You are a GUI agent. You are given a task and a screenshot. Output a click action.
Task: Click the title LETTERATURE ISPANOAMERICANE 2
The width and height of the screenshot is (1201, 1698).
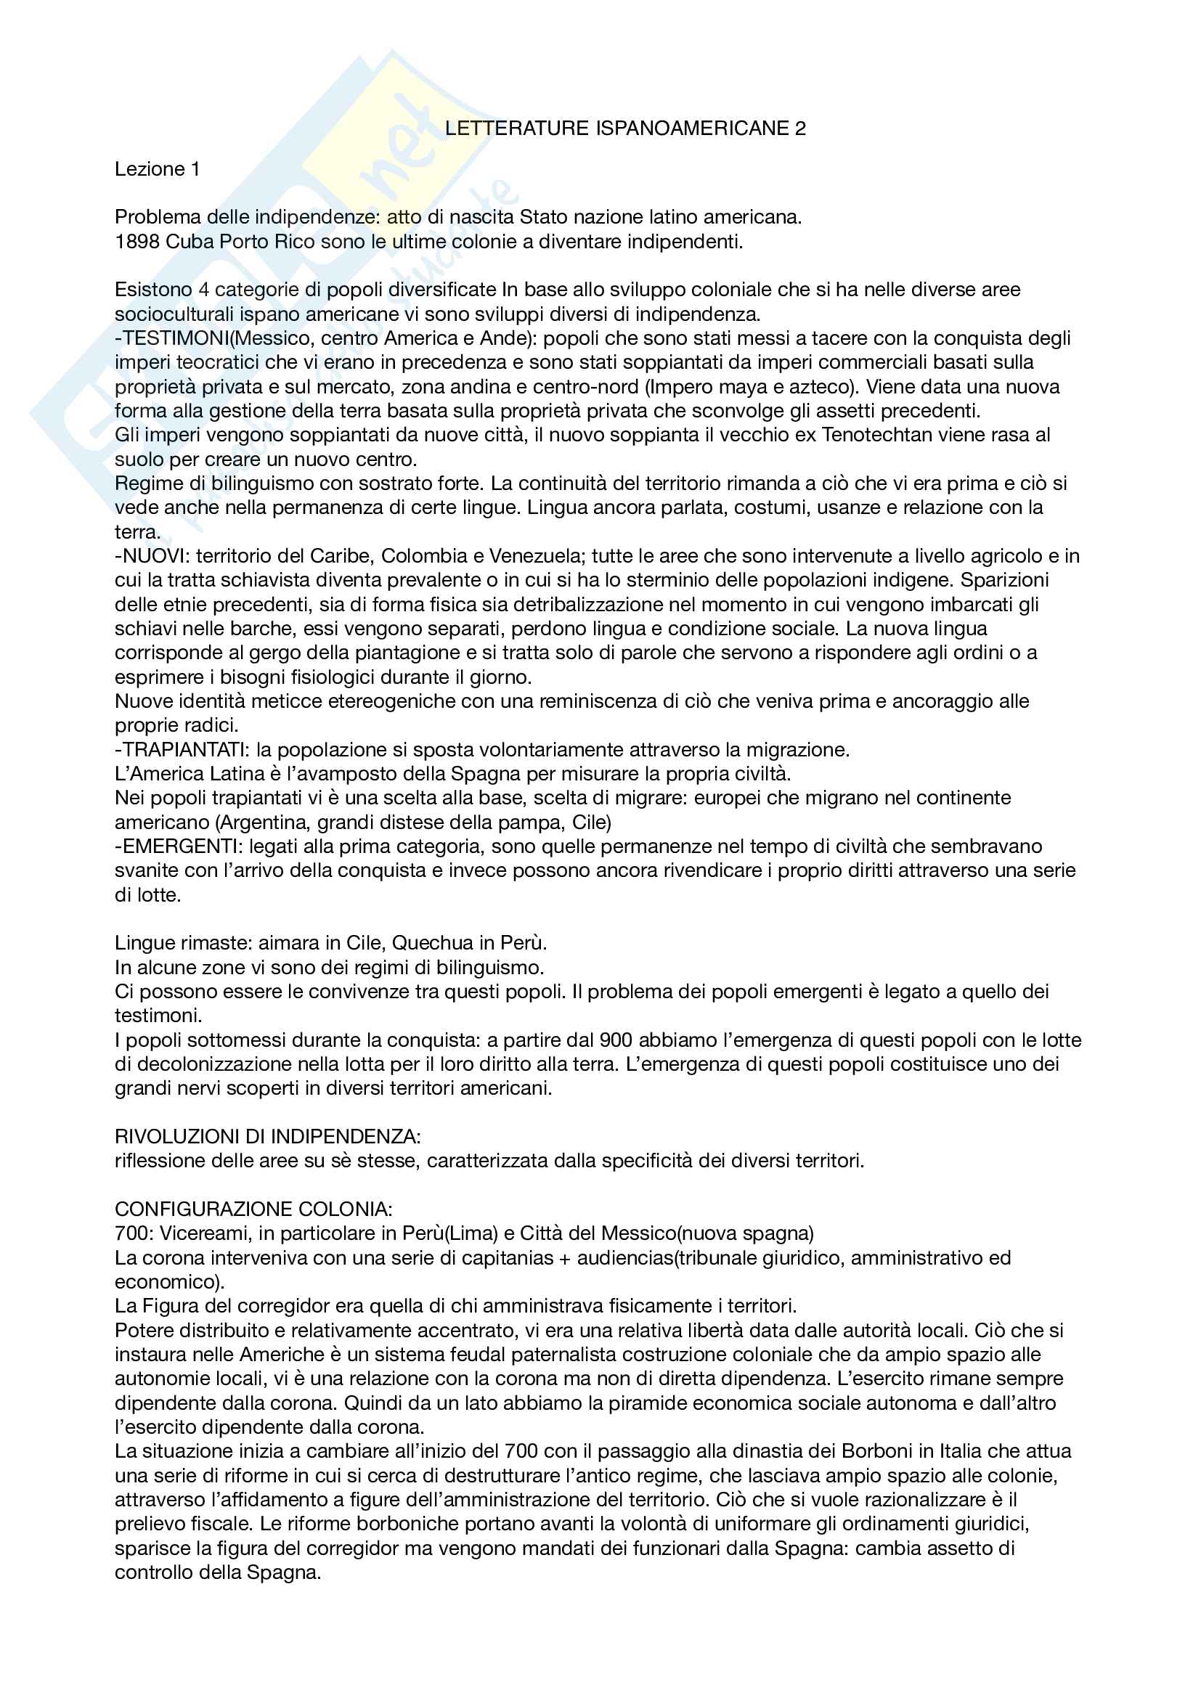pos(625,128)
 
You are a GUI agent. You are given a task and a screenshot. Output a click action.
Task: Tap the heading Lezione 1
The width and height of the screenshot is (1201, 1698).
pos(157,169)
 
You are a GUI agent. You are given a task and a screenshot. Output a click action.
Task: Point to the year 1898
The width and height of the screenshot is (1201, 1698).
pos(137,242)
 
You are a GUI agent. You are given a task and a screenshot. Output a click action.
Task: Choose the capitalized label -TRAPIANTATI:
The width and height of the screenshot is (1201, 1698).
pos(183,749)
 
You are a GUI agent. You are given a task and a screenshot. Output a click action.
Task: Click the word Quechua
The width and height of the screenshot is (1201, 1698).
pos(433,943)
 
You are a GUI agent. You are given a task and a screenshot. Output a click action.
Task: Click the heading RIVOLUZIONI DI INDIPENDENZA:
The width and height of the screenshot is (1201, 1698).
pos(268,1136)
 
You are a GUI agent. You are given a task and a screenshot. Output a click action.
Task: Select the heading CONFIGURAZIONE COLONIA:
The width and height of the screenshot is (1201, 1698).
pos(253,1209)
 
